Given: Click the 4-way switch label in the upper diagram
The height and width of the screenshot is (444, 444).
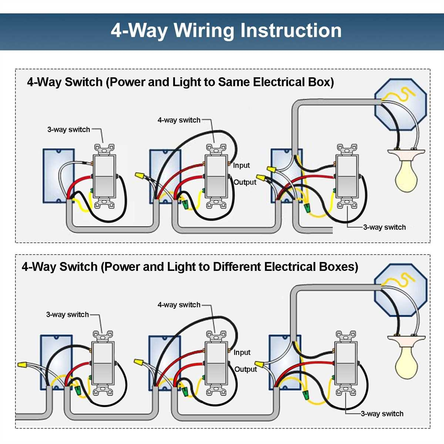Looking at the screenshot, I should (x=179, y=120).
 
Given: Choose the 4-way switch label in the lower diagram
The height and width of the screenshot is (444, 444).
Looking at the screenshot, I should (x=179, y=305).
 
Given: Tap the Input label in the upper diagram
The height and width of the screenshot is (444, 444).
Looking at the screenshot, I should (x=241, y=165).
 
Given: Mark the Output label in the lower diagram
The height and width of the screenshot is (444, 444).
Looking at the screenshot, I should (x=246, y=369).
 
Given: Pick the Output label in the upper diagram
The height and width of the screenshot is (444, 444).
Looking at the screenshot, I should (x=245, y=182).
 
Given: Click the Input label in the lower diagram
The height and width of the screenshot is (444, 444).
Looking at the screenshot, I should (x=242, y=353).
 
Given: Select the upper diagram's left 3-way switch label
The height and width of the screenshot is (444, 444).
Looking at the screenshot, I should (x=68, y=129).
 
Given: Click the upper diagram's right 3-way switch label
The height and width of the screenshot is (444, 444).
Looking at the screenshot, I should (x=384, y=227).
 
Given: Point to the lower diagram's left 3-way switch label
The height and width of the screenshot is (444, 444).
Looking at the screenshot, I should (x=67, y=314).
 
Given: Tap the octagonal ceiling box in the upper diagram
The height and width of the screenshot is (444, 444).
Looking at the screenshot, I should (x=400, y=104).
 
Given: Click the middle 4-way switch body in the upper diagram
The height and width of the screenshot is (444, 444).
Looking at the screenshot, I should (x=216, y=176).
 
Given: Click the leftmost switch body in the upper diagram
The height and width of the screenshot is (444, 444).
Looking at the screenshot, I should (x=104, y=176).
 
